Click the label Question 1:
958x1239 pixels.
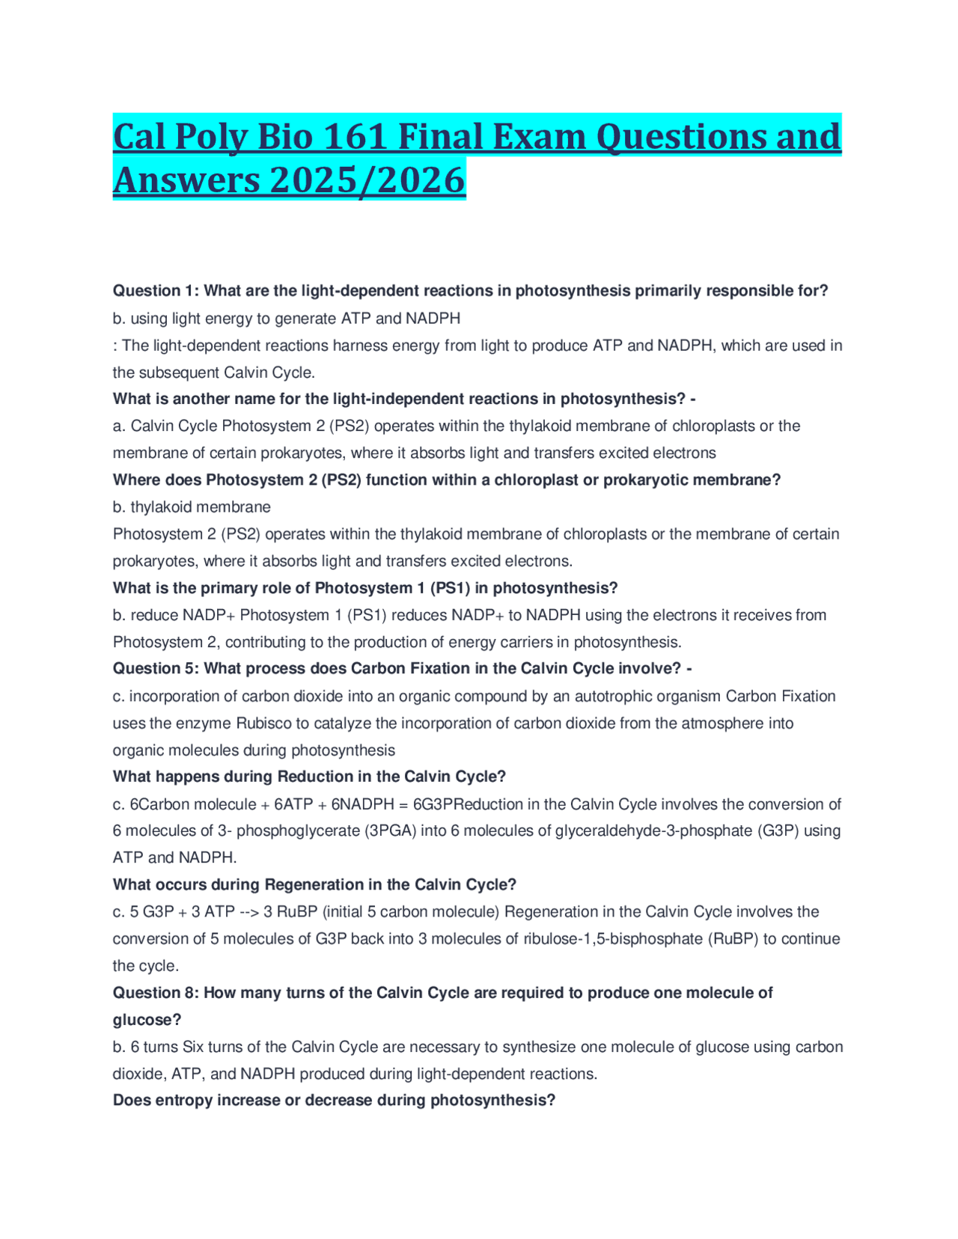coord(156,290)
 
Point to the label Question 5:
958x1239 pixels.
coord(156,668)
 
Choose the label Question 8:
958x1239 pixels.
coord(156,993)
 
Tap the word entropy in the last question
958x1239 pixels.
coord(184,1101)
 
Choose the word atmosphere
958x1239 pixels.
coord(721,723)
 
